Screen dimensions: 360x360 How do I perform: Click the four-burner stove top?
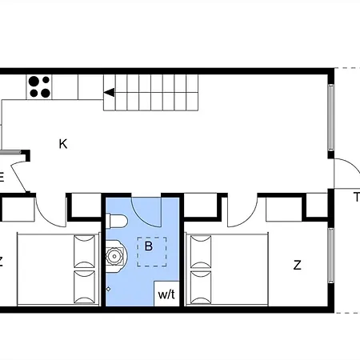point(39,87)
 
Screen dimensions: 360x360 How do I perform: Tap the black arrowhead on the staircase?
point(109,93)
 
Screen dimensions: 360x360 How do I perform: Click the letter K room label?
point(63,144)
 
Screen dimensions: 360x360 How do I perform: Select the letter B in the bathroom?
point(149,246)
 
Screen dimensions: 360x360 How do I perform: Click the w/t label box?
point(166,294)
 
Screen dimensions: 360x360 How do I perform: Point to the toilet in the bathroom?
point(117,221)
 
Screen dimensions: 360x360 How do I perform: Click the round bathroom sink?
point(114,256)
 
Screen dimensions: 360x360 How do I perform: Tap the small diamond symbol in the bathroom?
point(109,289)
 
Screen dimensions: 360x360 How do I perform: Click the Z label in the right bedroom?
point(298,266)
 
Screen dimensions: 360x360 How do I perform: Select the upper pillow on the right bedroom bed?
point(201,251)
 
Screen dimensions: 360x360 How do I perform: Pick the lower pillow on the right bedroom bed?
point(201,287)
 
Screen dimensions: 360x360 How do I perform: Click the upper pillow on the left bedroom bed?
point(84,251)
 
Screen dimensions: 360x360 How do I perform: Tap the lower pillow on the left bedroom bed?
point(84,287)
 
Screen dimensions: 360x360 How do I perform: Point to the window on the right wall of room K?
point(331,118)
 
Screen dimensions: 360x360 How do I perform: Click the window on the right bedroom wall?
point(331,255)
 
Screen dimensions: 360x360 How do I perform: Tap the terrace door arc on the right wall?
point(353,165)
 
